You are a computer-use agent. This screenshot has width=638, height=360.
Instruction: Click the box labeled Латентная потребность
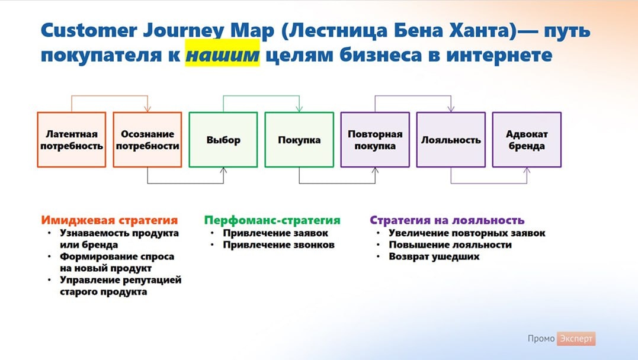point(71,140)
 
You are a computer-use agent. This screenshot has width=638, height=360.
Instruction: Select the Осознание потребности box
point(147,140)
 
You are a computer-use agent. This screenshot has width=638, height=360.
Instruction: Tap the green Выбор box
point(223,140)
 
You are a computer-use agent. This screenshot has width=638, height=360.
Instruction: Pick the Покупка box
point(299,140)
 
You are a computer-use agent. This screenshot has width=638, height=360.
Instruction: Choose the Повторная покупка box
point(375,140)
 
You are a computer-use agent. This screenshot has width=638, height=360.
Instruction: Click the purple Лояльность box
point(451,140)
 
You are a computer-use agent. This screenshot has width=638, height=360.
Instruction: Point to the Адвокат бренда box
point(527,140)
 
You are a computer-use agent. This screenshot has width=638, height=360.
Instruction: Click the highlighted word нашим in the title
point(222,56)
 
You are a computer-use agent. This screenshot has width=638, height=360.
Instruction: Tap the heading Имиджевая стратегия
point(110,220)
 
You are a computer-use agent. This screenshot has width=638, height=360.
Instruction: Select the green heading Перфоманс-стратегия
point(272,220)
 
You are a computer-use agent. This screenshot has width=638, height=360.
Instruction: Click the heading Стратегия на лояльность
point(447,220)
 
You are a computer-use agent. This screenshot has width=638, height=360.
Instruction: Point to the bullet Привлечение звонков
point(279,245)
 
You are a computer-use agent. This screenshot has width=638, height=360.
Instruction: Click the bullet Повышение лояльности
point(450,245)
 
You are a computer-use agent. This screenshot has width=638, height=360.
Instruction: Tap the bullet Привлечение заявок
point(276,233)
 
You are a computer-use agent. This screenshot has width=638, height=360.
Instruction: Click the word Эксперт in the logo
point(576,339)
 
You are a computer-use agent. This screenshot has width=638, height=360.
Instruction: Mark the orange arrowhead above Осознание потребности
point(147,108)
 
